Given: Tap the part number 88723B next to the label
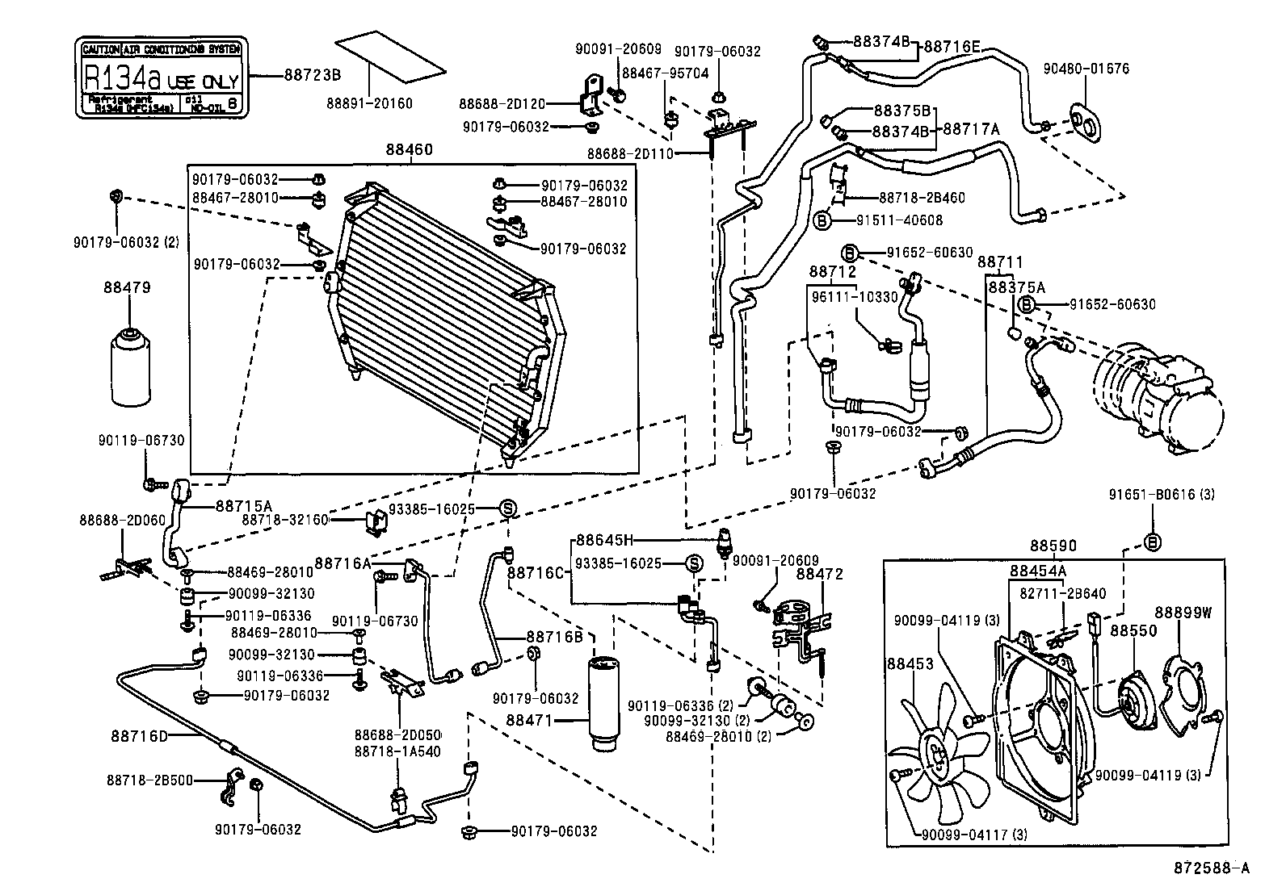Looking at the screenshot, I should pyautogui.click(x=313, y=75).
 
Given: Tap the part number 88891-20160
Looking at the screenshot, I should pyautogui.click(x=369, y=103).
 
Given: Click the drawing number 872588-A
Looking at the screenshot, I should pyautogui.click(x=1211, y=868).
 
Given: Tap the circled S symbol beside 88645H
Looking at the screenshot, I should pyautogui.click(x=693, y=563).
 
